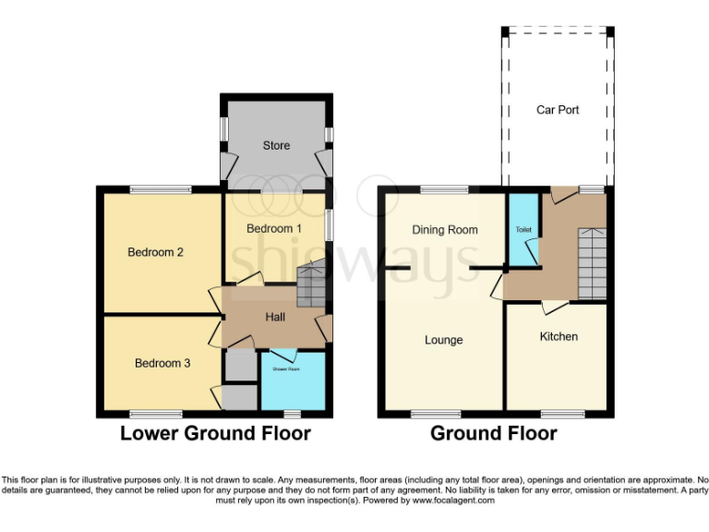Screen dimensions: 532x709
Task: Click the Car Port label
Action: [558, 110]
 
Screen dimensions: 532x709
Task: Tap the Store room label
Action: [276, 145]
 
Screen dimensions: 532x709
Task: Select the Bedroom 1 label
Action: [273, 228]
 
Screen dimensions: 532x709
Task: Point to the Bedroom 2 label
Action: [150, 252]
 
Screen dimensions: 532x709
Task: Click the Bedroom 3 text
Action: [162, 363]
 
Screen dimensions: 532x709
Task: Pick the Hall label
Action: [275, 317]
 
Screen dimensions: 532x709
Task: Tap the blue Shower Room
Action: [292, 381]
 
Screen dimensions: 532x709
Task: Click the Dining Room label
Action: [445, 229]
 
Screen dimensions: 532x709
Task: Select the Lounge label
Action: [443, 340]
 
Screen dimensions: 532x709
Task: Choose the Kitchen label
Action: [559, 336]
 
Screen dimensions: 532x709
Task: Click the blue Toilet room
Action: [523, 231]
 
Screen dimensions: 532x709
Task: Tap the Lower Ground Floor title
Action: [215, 433]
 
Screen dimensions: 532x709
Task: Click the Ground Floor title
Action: [494, 433]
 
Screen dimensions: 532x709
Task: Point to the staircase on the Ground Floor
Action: [592, 264]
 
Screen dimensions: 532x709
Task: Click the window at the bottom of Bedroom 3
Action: [155, 414]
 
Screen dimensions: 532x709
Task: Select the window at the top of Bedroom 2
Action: [161, 189]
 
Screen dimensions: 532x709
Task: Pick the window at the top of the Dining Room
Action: [443, 189]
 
